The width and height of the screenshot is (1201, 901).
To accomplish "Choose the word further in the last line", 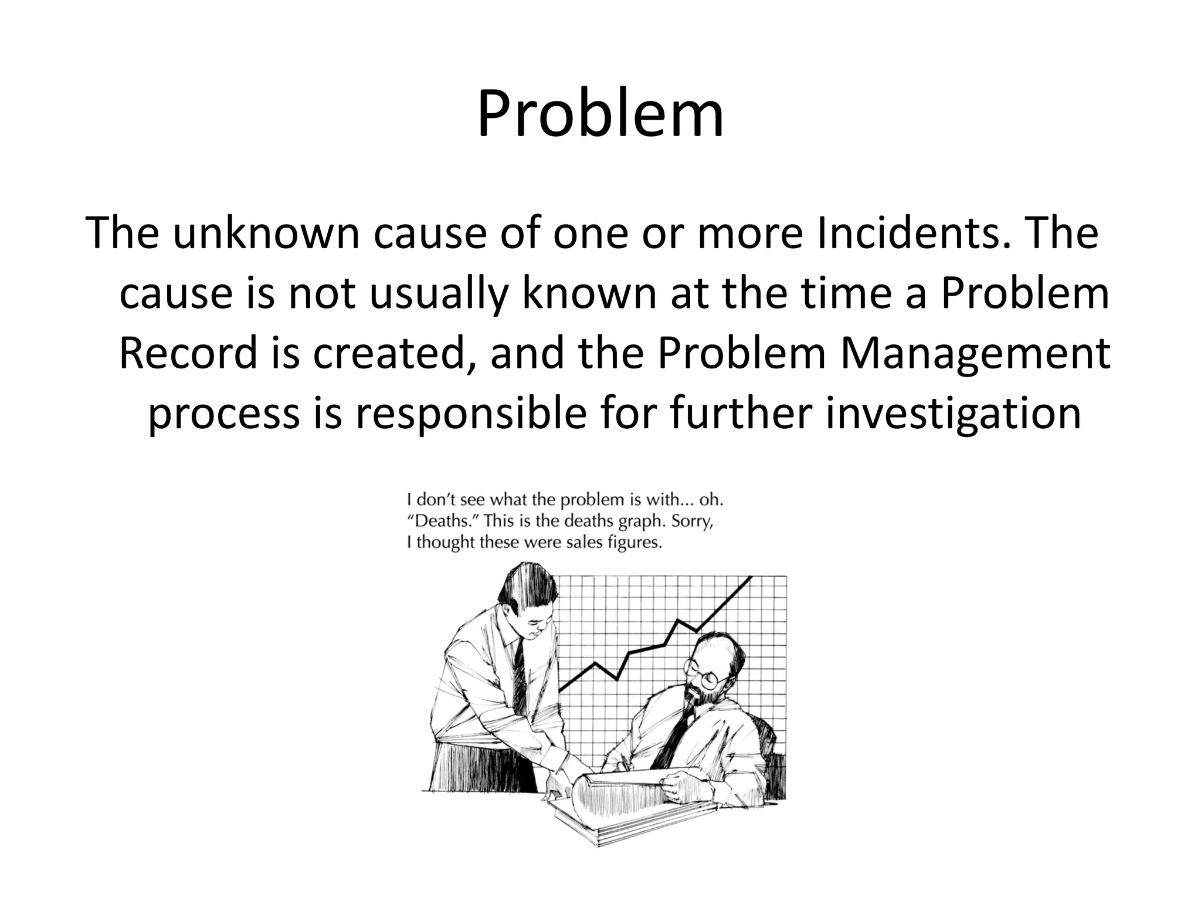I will click(741, 414).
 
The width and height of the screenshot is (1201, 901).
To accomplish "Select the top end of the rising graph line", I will click(750, 578).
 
